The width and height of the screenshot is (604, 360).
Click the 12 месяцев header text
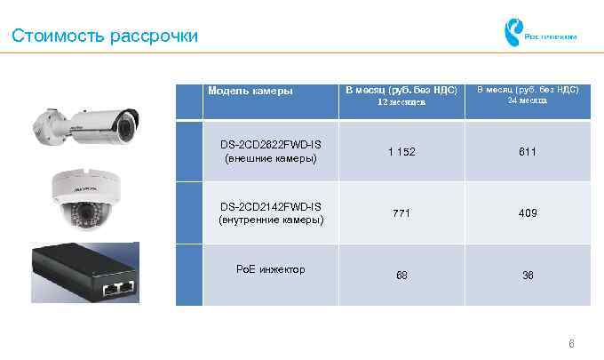coord(401,103)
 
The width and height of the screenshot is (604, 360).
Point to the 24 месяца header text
coord(528,100)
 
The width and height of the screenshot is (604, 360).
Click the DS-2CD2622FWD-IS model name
coord(271,144)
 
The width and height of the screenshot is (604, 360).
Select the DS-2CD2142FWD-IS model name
coord(271,206)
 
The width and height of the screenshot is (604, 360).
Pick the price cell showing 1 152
coord(401,152)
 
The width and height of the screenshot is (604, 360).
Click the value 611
coord(528,152)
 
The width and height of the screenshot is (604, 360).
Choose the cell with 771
coord(401,213)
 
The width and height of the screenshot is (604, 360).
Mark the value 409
coord(528,213)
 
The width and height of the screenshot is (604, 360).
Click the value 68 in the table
coord(401,276)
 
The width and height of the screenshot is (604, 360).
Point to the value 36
coord(528,276)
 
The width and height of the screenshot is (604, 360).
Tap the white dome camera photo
coord(85,199)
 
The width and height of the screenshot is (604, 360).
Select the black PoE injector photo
coord(85,273)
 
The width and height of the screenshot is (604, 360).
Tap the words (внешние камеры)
coord(271,158)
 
